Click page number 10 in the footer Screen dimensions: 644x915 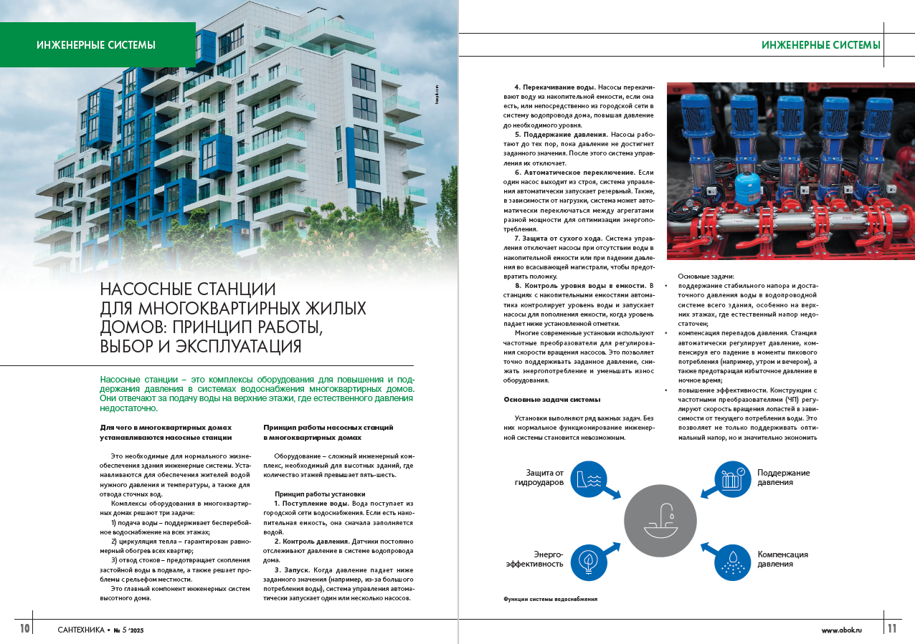click(x=24, y=628)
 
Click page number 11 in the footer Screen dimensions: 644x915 click(x=892, y=628)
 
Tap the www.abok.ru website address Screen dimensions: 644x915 click(x=842, y=629)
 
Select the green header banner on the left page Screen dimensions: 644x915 click(x=97, y=44)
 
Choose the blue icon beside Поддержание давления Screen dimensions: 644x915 click(x=732, y=479)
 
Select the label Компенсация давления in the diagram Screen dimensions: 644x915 click(x=782, y=559)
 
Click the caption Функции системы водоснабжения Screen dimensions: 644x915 click(x=551, y=598)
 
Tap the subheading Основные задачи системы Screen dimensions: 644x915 click(x=551, y=399)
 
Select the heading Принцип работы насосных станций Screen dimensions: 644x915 click(x=328, y=427)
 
